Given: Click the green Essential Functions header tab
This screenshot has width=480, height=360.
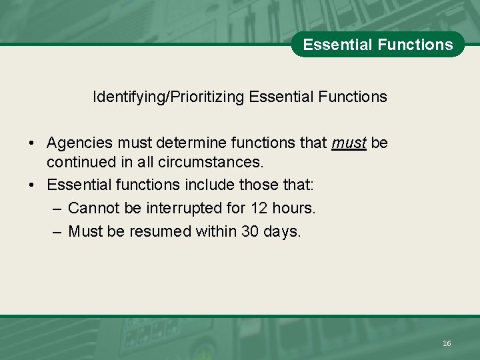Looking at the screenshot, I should point(377,45).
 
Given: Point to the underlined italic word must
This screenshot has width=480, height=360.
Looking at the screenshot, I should point(349,143).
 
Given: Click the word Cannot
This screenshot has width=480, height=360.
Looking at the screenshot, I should point(94,208).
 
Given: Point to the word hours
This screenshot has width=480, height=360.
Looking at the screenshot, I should point(293,208).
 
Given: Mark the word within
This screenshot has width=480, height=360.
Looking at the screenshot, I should point(219,232).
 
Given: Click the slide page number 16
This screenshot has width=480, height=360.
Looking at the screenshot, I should point(447,343).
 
